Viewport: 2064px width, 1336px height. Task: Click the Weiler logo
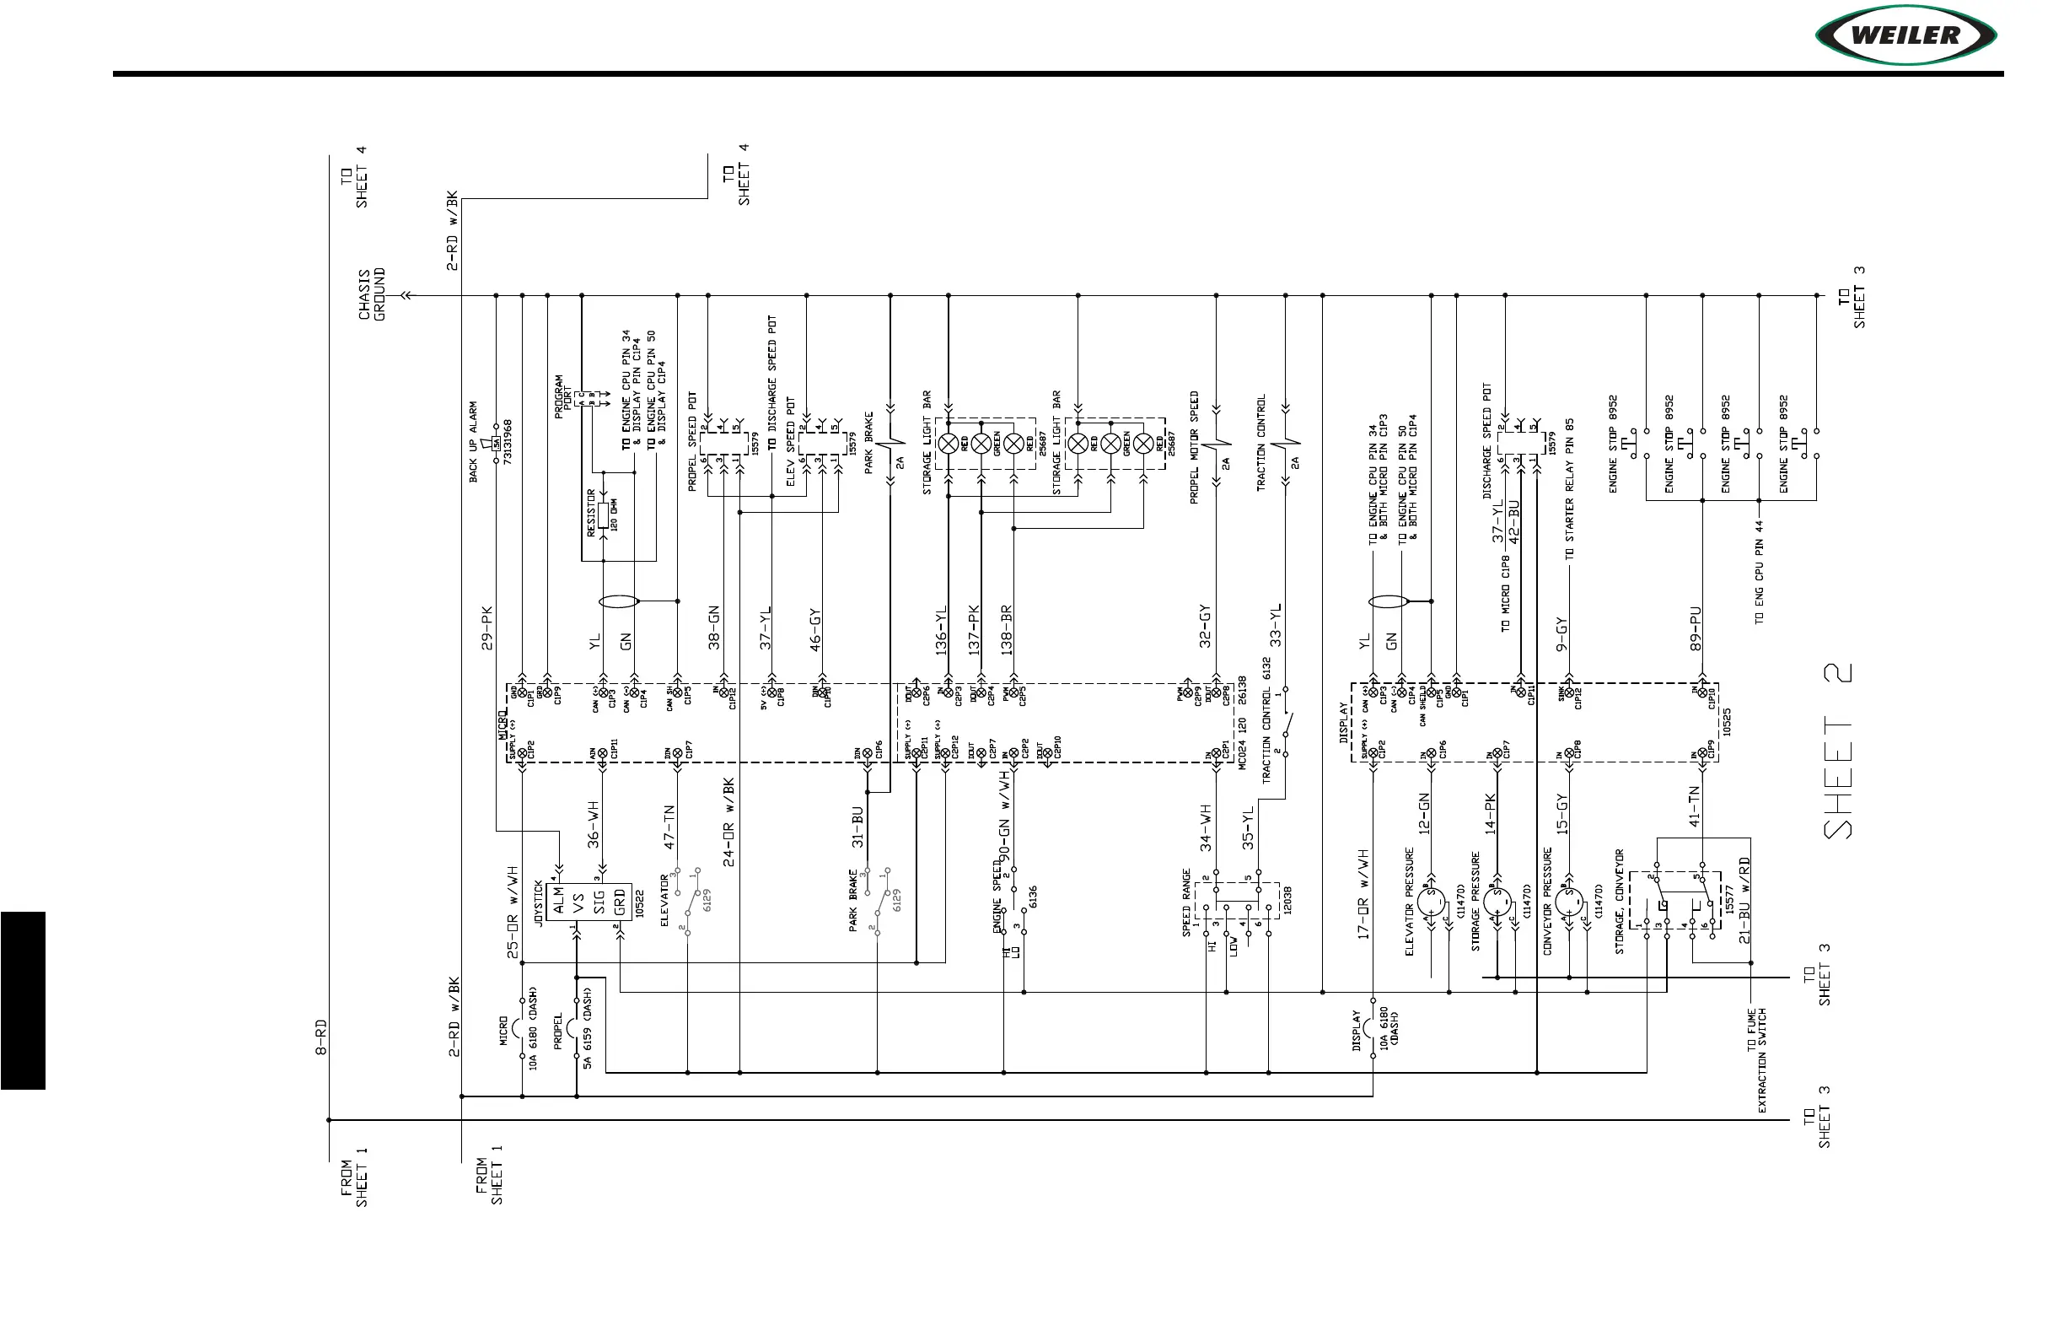pos(1905,35)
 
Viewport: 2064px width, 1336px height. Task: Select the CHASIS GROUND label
pos(372,294)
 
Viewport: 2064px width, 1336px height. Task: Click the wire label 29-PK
pos(486,628)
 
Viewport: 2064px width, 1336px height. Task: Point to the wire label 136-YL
pos(941,630)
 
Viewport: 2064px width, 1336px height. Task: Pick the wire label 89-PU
pos(1696,628)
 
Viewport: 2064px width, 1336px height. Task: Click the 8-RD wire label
pos(321,1037)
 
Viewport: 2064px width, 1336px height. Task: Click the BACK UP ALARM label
pos(474,441)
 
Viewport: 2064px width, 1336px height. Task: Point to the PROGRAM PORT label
pos(564,396)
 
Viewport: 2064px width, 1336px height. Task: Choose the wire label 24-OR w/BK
pos(728,822)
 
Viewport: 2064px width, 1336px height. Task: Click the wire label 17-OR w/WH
pos(1363,893)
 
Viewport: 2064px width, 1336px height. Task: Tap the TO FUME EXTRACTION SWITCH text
pos(1756,1060)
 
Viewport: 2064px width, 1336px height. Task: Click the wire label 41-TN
pos(1694,806)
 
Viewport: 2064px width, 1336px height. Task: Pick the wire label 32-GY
pos(1204,628)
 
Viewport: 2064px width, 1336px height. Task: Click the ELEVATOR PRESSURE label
pos(1409,902)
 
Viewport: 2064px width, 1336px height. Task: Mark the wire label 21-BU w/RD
pos(1744,901)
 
